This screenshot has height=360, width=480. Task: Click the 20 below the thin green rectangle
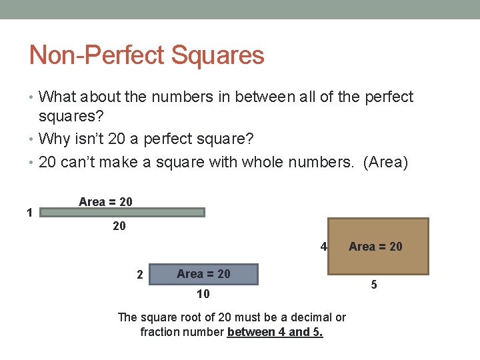(119, 227)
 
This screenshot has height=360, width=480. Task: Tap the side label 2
(139, 274)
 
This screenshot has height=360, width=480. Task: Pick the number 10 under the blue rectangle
(203, 294)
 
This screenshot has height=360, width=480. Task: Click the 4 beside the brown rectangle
(323, 247)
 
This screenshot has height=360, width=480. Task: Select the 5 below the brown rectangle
(373, 285)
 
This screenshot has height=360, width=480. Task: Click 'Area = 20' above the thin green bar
(105, 201)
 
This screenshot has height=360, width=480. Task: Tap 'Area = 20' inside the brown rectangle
(375, 247)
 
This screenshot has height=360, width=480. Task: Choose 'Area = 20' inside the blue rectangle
(203, 274)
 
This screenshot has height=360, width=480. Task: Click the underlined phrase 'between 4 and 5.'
(275, 331)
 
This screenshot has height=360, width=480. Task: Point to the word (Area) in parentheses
(385, 162)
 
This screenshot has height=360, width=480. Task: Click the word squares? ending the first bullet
(71, 117)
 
